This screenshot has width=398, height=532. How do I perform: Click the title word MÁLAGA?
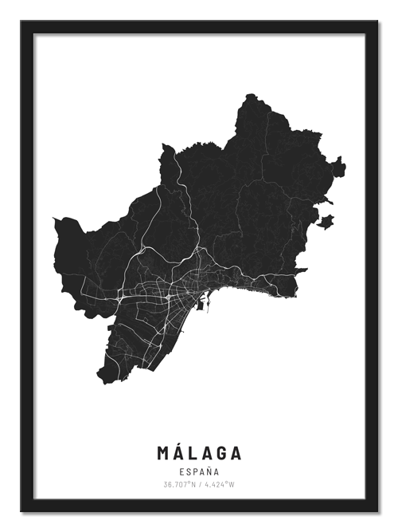(199, 452)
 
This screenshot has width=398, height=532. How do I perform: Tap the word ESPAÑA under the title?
(199, 471)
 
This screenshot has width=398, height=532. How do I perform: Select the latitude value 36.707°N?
(180, 484)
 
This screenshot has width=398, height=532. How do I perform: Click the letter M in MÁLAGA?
(164, 452)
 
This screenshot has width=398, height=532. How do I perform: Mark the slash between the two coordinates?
(199, 484)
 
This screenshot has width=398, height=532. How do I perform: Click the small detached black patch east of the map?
(326, 221)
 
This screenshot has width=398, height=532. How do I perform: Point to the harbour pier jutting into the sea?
(205, 302)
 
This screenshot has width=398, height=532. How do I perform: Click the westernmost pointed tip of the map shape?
(53, 220)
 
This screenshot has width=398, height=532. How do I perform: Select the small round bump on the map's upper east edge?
(339, 167)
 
